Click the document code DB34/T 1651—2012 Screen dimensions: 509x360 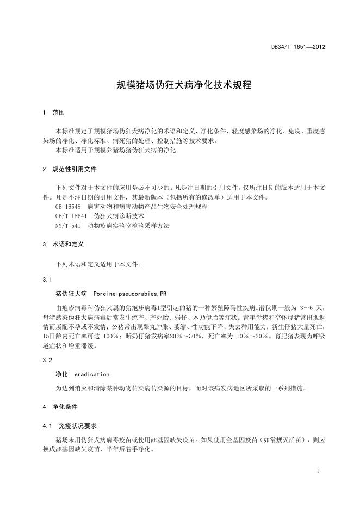point(298,47)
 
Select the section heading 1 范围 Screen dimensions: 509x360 point(53,113)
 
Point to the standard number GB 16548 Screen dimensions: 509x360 point(68,207)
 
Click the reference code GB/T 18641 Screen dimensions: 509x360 point(70,216)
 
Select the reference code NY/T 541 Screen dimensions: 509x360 point(68,225)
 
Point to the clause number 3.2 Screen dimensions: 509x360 point(47,361)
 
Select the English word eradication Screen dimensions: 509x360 point(91,374)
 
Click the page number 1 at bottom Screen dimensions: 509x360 point(316,470)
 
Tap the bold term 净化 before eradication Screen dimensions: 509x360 point(61,374)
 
